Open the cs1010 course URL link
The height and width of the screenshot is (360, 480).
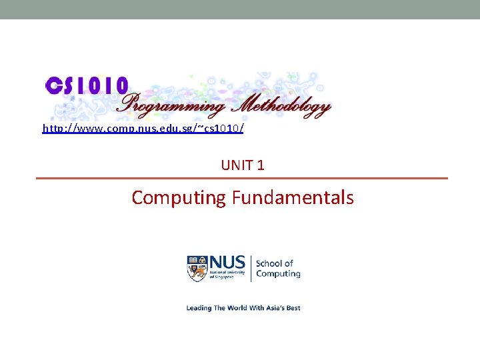143,127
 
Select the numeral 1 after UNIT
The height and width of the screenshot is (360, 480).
261,165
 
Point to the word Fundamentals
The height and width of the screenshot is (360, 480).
293,197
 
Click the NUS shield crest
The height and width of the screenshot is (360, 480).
197,267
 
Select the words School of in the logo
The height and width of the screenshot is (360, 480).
275,263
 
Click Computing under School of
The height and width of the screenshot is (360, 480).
278,273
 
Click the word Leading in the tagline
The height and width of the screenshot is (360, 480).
199,308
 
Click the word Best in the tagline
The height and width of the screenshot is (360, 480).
293,308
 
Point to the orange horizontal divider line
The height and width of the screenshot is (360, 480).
241,179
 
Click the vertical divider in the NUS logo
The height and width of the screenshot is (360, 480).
251,267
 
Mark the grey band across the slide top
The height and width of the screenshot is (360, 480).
240,9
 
